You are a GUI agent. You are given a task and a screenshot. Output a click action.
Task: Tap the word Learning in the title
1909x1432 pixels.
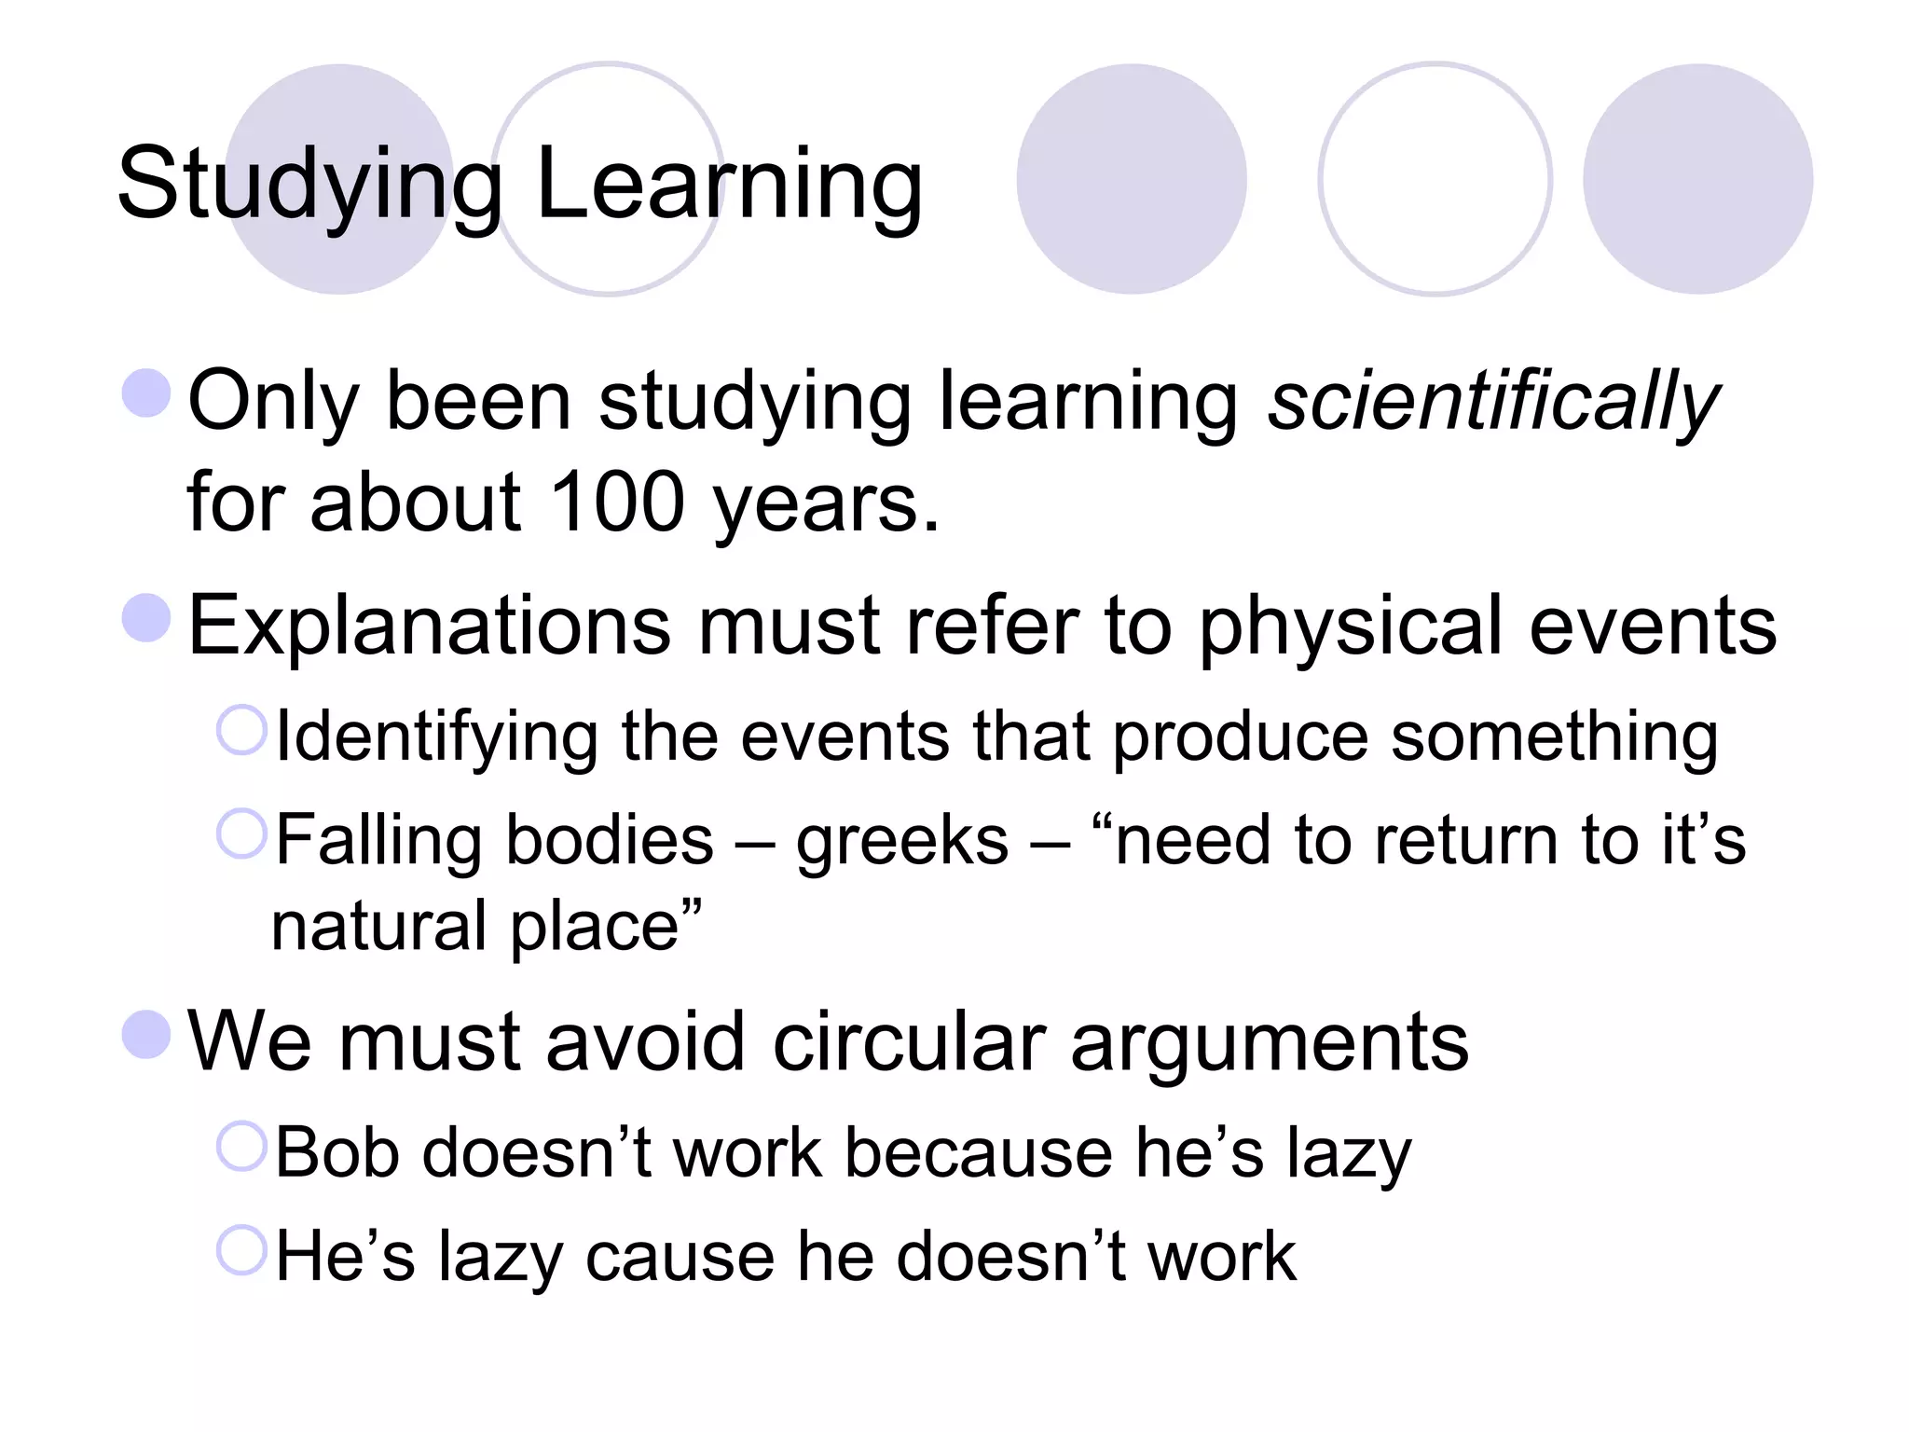coord(729,185)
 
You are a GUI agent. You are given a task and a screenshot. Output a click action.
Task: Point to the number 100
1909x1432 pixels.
coord(617,503)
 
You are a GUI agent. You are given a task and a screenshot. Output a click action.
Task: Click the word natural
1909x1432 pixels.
coord(378,927)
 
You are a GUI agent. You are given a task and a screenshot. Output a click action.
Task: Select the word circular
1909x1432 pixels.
coord(910,1042)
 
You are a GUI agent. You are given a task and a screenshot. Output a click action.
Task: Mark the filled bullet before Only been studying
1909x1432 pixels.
coord(146,392)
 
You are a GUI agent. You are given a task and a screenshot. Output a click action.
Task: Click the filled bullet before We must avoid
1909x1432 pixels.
coord(146,1035)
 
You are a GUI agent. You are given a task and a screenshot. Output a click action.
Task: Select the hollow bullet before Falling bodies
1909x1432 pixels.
coord(241,833)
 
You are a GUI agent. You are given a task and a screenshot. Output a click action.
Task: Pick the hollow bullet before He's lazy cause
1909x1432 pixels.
coord(241,1250)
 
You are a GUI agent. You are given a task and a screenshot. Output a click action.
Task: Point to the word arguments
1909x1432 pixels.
coord(1270,1042)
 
